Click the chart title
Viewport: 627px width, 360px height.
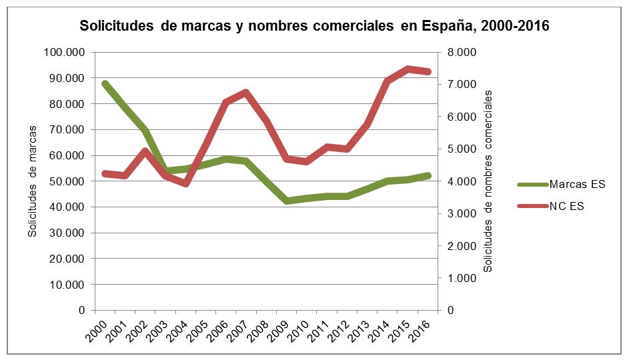pos(313,27)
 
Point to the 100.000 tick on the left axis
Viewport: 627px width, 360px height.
pos(65,52)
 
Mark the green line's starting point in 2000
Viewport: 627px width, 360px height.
pos(105,83)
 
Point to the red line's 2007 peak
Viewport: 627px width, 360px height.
pos(246,92)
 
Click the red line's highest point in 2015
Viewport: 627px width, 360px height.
pos(408,69)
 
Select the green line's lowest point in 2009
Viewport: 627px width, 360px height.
pos(286,201)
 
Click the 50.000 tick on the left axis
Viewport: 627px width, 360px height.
pos(68,181)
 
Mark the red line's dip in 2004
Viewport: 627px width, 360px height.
pos(186,183)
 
